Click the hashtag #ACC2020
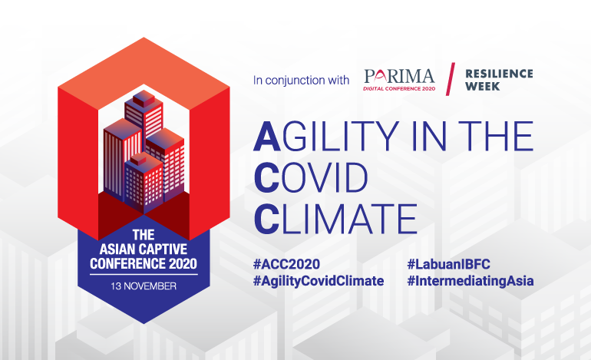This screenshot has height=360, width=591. (286, 264)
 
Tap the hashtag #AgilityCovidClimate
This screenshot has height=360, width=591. (319, 281)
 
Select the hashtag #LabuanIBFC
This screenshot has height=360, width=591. (448, 264)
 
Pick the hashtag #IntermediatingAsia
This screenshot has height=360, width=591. (470, 281)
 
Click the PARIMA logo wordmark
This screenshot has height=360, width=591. (399, 77)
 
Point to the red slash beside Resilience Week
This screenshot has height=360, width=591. (451, 79)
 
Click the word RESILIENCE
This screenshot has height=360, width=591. (499, 74)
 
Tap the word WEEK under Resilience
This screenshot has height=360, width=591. (483, 86)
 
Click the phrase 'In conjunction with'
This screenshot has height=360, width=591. (301, 81)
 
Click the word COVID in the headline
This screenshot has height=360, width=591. (311, 177)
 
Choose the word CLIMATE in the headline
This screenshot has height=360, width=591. (335, 219)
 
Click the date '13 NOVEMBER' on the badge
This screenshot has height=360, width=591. (144, 286)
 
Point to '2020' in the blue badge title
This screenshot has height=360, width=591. (183, 263)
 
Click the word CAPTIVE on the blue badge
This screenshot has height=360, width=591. (163, 249)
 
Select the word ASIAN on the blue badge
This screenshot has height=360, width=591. (117, 249)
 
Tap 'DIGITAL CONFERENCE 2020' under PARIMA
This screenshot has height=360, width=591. (399, 88)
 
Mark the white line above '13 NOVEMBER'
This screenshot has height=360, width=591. (144, 275)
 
